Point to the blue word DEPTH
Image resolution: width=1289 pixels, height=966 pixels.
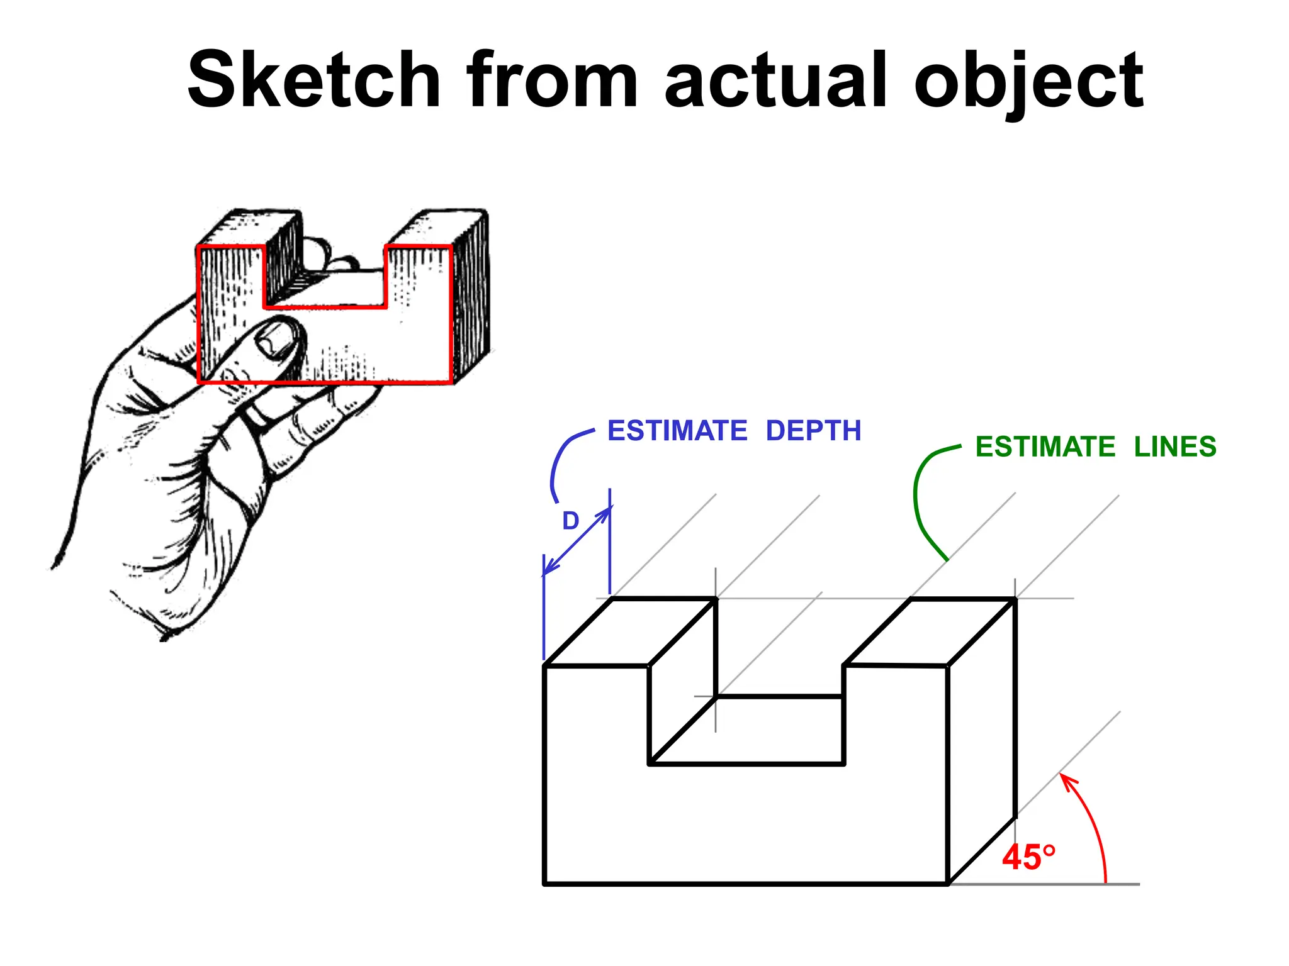tap(813, 431)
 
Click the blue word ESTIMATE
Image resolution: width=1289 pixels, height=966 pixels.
tap(677, 431)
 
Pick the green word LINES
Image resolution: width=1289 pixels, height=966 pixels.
tap(1175, 447)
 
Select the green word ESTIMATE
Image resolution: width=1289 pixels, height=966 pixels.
tap(1045, 447)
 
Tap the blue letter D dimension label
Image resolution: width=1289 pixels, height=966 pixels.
tap(570, 521)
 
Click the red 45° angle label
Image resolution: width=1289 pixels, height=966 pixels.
tap(1028, 857)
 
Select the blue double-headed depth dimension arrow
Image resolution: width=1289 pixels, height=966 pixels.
tap(577, 541)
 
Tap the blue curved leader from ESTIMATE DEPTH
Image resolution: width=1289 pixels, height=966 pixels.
tap(560, 459)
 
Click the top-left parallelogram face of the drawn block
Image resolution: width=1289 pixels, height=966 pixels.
tap(629, 632)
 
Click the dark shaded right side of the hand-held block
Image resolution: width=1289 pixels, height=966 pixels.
tap(471, 296)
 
